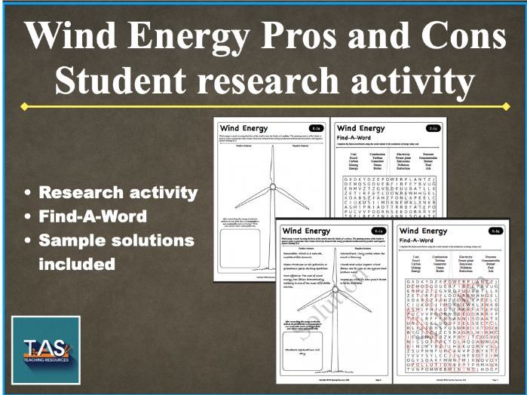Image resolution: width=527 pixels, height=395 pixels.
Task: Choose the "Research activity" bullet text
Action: coord(119,192)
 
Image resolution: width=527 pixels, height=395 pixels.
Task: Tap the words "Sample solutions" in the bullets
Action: coord(116,240)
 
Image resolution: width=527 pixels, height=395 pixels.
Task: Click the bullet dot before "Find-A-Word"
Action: coord(28,217)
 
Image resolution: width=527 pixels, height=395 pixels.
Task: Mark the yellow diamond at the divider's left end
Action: coord(25,106)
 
